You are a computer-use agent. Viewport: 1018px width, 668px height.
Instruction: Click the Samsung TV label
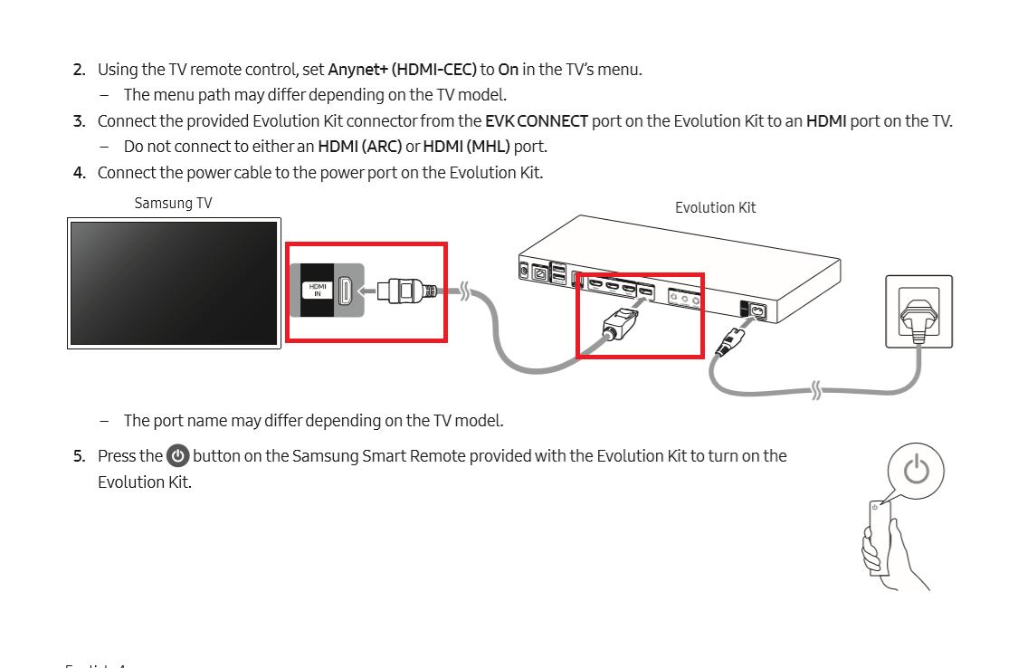(173, 204)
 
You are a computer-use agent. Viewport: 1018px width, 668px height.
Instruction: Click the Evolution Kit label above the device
(715, 208)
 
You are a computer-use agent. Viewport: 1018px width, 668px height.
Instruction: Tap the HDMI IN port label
(318, 290)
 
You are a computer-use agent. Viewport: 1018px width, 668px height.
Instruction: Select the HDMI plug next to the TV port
(407, 291)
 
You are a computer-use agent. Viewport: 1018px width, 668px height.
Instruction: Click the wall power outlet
(918, 311)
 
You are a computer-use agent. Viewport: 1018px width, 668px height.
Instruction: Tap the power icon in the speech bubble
(917, 471)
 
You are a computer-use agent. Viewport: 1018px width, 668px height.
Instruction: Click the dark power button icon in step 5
(178, 456)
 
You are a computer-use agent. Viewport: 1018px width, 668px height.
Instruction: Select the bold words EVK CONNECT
(537, 121)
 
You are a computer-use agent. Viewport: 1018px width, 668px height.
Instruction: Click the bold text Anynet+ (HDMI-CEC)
(402, 70)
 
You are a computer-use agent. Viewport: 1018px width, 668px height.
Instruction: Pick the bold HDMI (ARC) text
(359, 147)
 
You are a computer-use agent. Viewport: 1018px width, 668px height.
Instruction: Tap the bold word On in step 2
(508, 70)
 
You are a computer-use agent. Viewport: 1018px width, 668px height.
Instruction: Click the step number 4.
(79, 173)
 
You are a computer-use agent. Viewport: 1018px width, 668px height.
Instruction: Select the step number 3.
(79, 121)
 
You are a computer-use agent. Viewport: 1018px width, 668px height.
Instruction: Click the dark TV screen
(174, 282)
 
